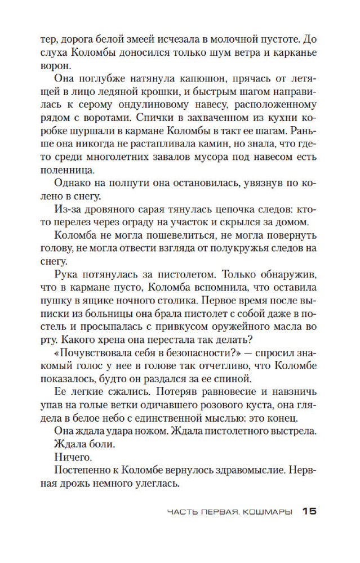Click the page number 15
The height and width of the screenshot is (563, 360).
click(310, 511)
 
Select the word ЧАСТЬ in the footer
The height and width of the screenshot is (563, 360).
click(183, 512)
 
